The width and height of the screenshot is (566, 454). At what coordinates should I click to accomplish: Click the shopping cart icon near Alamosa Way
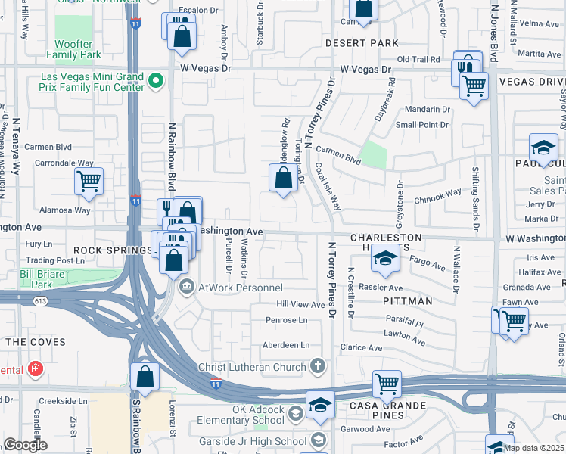coord(89,181)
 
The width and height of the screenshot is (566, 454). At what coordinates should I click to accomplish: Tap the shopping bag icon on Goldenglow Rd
coord(283,179)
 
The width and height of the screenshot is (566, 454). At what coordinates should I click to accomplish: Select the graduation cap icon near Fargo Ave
coord(384,260)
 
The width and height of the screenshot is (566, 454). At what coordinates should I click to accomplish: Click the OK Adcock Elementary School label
coord(241,418)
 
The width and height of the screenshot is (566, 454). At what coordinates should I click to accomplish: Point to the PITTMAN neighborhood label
coord(407,301)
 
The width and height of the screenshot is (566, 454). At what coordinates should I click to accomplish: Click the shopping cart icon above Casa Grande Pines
coord(387,384)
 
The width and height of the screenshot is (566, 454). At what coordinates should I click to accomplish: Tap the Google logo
coord(26,444)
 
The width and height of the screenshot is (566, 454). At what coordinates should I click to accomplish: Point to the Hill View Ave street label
coord(300,304)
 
